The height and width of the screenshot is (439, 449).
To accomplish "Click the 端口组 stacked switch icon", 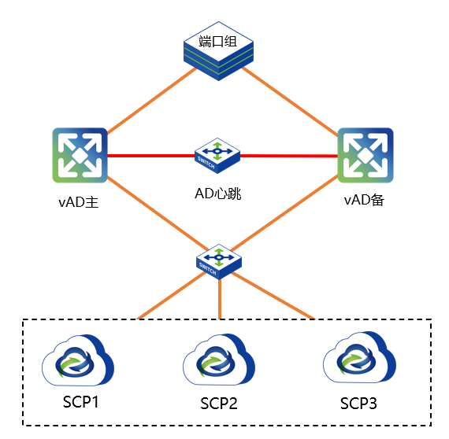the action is [x=218, y=51].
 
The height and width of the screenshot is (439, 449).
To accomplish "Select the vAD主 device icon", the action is [x=80, y=155].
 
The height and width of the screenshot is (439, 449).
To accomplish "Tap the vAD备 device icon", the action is [x=366, y=155].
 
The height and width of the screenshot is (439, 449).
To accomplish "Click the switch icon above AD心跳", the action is [x=217, y=156].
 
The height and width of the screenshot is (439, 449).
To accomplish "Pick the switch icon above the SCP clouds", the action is [x=219, y=262].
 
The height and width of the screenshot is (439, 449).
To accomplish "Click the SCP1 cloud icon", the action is [x=78, y=360].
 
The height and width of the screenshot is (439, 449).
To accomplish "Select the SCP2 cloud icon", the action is [x=219, y=360].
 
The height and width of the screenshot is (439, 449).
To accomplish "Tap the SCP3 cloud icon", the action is [x=360, y=357].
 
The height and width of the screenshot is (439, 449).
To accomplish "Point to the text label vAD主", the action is [x=79, y=202].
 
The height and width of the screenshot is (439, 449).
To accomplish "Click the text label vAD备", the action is [x=364, y=200].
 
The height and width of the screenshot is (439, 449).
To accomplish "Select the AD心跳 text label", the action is [x=218, y=194].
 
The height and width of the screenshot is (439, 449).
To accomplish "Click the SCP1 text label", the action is [x=81, y=402].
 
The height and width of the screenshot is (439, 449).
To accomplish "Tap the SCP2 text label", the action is [x=219, y=404].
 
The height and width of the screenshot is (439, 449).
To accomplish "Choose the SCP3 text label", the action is [x=358, y=404].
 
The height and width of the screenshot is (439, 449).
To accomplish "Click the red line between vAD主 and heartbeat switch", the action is [x=151, y=156].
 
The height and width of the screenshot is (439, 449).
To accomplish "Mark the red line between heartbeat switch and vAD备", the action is [x=289, y=156].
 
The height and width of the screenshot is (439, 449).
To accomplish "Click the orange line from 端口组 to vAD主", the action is [x=152, y=101].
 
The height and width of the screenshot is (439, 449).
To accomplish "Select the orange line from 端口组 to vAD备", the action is [x=290, y=101].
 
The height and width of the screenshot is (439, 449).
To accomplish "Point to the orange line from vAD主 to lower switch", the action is [x=158, y=213].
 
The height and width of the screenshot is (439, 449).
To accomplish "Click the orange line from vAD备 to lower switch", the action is [x=284, y=213].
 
